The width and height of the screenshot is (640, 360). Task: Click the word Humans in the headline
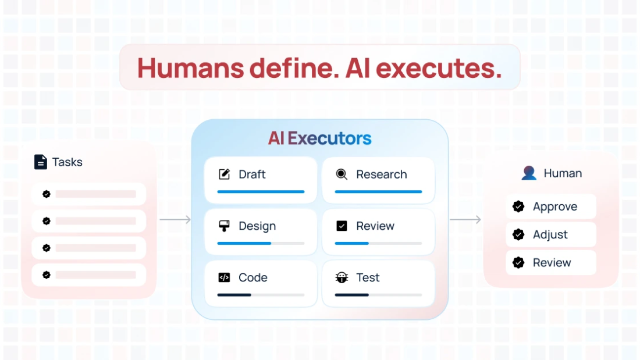click(x=191, y=68)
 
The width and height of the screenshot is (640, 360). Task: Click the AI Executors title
click(x=319, y=138)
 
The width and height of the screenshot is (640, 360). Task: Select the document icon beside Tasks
click(x=40, y=162)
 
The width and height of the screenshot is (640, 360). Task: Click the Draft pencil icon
click(x=224, y=174)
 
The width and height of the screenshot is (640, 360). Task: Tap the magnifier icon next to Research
click(x=342, y=174)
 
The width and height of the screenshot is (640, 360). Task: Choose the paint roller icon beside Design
click(x=224, y=226)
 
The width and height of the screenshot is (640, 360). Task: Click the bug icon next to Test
click(x=342, y=277)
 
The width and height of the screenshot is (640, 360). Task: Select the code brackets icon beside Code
click(x=224, y=277)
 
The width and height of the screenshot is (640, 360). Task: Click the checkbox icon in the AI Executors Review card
click(x=342, y=226)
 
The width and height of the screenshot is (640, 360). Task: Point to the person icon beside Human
click(x=529, y=173)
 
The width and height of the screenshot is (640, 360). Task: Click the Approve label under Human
click(x=555, y=206)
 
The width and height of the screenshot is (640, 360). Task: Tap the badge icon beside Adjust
click(x=518, y=234)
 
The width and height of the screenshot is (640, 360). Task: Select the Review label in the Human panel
click(x=552, y=262)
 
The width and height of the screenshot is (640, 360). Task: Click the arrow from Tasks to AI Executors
click(x=175, y=219)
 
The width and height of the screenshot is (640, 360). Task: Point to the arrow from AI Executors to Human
click(x=465, y=219)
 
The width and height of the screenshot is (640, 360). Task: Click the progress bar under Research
click(x=378, y=191)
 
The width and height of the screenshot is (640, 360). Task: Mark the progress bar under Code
click(x=261, y=295)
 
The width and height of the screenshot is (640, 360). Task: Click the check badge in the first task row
click(x=47, y=194)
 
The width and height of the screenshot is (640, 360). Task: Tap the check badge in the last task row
click(x=47, y=275)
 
